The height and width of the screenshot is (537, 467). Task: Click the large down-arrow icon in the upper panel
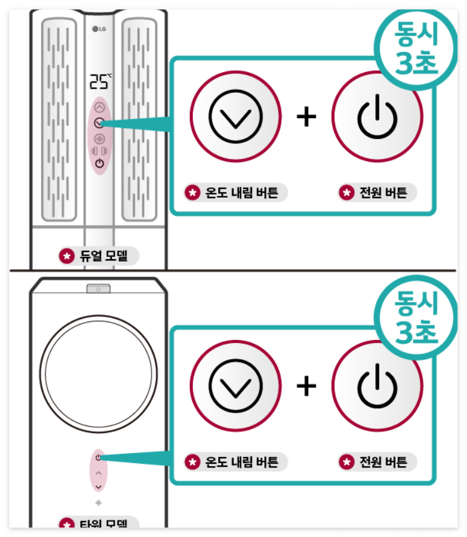click(235, 116)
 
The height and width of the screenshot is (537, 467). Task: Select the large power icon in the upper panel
click(377, 116)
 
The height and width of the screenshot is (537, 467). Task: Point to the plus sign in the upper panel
click(306, 116)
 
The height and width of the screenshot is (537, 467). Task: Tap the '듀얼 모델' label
click(99, 256)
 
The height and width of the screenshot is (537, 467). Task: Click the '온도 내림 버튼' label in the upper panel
click(236, 193)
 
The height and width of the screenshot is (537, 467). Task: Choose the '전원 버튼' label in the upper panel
click(377, 193)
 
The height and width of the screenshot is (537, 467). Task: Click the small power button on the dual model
click(100, 163)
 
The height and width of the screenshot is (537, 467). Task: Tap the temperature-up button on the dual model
click(100, 107)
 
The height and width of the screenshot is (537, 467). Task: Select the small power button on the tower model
click(99, 458)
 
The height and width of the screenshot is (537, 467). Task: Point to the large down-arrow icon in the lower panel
click(235, 386)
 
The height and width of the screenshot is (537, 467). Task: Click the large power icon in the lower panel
click(377, 386)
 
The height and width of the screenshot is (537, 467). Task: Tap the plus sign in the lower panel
click(306, 386)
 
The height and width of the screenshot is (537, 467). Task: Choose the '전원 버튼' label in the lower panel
click(377, 461)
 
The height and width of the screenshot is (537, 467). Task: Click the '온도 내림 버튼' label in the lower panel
click(236, 461)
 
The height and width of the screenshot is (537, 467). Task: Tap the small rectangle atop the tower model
click(98, 289)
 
